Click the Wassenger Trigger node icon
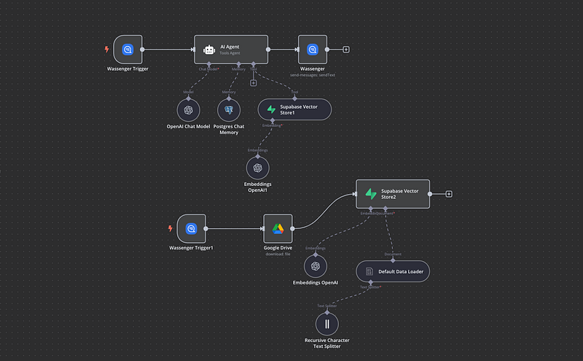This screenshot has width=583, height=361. click(128, 50)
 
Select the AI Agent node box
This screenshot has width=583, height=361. click(231, 50)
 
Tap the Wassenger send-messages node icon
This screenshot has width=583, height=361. click(313, 50)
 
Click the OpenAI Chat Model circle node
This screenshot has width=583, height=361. click(188, 110)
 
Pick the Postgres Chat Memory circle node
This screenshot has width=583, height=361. click(229, 110)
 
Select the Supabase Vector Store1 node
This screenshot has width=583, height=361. click(294, 109)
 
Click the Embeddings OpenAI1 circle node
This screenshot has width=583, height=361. click(257, 168)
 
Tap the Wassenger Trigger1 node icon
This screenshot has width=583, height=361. click(192, 228)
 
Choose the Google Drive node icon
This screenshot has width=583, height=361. click(278, 228)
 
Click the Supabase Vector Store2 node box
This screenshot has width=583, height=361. click(393, 194)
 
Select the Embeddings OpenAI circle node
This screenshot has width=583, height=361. click(316, 266)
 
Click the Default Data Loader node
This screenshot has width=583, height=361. click(393, 271)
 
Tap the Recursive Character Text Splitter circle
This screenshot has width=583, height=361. click(327, 323)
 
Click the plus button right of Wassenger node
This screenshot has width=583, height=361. click(345, 50)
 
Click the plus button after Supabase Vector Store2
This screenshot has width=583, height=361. click(449, 194)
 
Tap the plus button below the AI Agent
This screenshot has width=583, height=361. click(253, 83)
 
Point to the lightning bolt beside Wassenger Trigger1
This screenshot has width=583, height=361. click(171, 228)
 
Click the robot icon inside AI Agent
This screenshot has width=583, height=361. click(209, 50)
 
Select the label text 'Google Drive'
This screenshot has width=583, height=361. click(278, 248)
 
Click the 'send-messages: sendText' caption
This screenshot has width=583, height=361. click(313, 74)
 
